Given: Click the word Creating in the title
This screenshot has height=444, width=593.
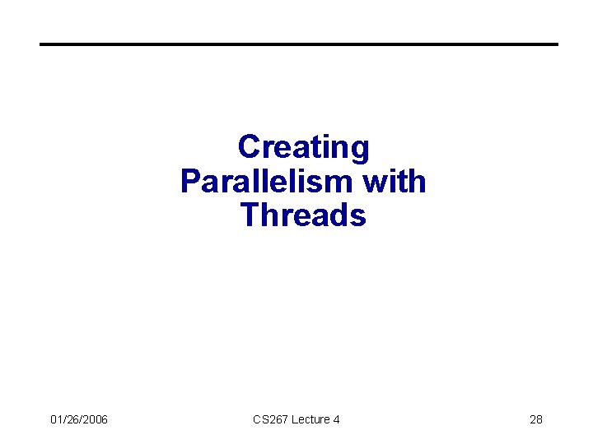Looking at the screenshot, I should click(x=303, y=148).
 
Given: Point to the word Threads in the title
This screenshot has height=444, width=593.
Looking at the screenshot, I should click(x=303, y=215).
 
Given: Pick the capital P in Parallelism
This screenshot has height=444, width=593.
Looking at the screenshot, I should click(x=190, y=182).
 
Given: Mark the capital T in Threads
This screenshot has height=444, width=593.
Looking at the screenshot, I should click(x=250, y=215).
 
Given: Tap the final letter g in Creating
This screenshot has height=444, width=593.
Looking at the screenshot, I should click(x=360, y=150).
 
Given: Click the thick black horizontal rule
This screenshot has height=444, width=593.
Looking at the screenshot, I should click(x=299, y=44).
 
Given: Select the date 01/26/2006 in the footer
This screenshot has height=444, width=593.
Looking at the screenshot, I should click(x=78, y=420).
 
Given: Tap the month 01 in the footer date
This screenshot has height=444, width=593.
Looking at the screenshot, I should click(x=56, y=420).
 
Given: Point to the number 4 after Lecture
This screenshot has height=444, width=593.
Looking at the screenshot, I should click(x=336, y=420).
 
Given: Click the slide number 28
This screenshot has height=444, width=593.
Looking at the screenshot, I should click(x=535, y=420).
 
